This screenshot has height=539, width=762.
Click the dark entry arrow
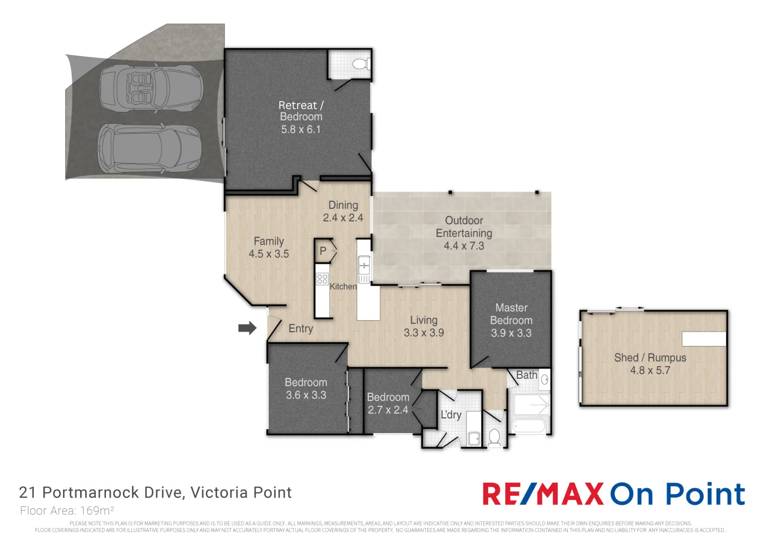[x=247, y=328]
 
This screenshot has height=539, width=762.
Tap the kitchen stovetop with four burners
[x=322, y=279]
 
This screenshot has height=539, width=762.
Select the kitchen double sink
[x=364, y=265]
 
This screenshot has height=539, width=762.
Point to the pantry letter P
[x=323, y=251]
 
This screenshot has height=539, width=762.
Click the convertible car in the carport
[x=151, y=88]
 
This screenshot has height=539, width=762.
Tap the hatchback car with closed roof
[x=150, y=148]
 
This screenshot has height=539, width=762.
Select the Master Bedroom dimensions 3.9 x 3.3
[x=511, y=333]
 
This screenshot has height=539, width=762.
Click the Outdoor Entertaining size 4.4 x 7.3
[x=464, y=246]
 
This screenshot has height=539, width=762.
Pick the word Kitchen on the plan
[x=343, y=286]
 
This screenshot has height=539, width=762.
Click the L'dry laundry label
[x=451, y=414]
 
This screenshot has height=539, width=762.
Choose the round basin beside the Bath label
[x=545, y=379]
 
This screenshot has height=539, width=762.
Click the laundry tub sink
[x=474, y=438]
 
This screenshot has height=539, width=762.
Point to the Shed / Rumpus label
[x=650, y=358]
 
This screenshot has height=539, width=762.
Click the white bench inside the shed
[x=704, y=339]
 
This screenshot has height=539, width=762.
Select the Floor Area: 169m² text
[x=67, y=510]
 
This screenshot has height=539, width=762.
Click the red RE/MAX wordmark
[x=543, y=494]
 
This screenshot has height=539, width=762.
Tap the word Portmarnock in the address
[x=91, y=492]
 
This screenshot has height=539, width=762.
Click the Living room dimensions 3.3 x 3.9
[x=424, y=333]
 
